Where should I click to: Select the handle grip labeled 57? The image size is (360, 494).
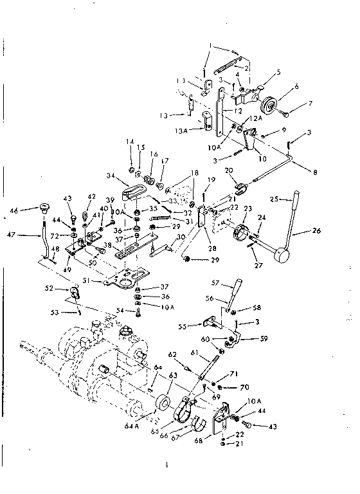tap(236, 287)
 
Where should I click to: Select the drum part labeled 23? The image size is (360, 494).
tap(244, 233)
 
